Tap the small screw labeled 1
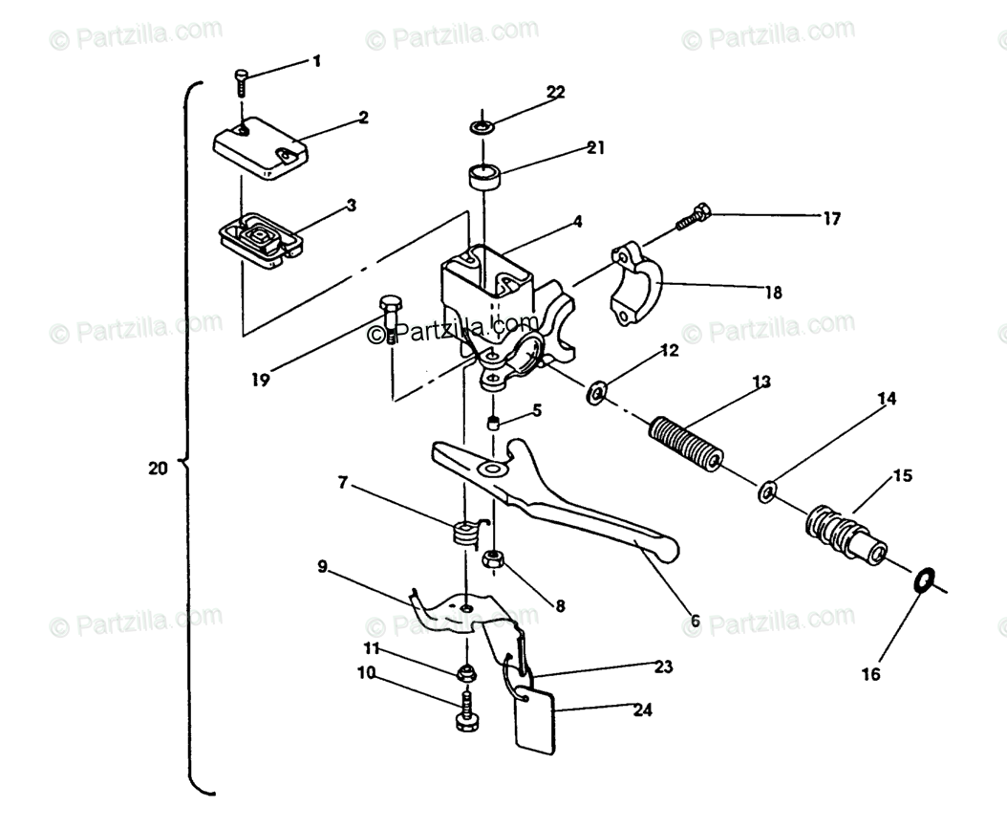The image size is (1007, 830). pos(242,82)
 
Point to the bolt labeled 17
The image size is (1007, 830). pos(693,215)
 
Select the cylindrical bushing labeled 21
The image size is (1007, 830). pos(484,177)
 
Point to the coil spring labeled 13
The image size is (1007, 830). pos(686,445)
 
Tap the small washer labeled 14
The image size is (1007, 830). pos(767,493)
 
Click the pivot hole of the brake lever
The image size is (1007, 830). pos(493,470)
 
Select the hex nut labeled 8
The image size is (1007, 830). pos(493,558)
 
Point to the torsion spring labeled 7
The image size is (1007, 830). pos(465,532)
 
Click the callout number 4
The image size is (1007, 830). pos(578,222)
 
